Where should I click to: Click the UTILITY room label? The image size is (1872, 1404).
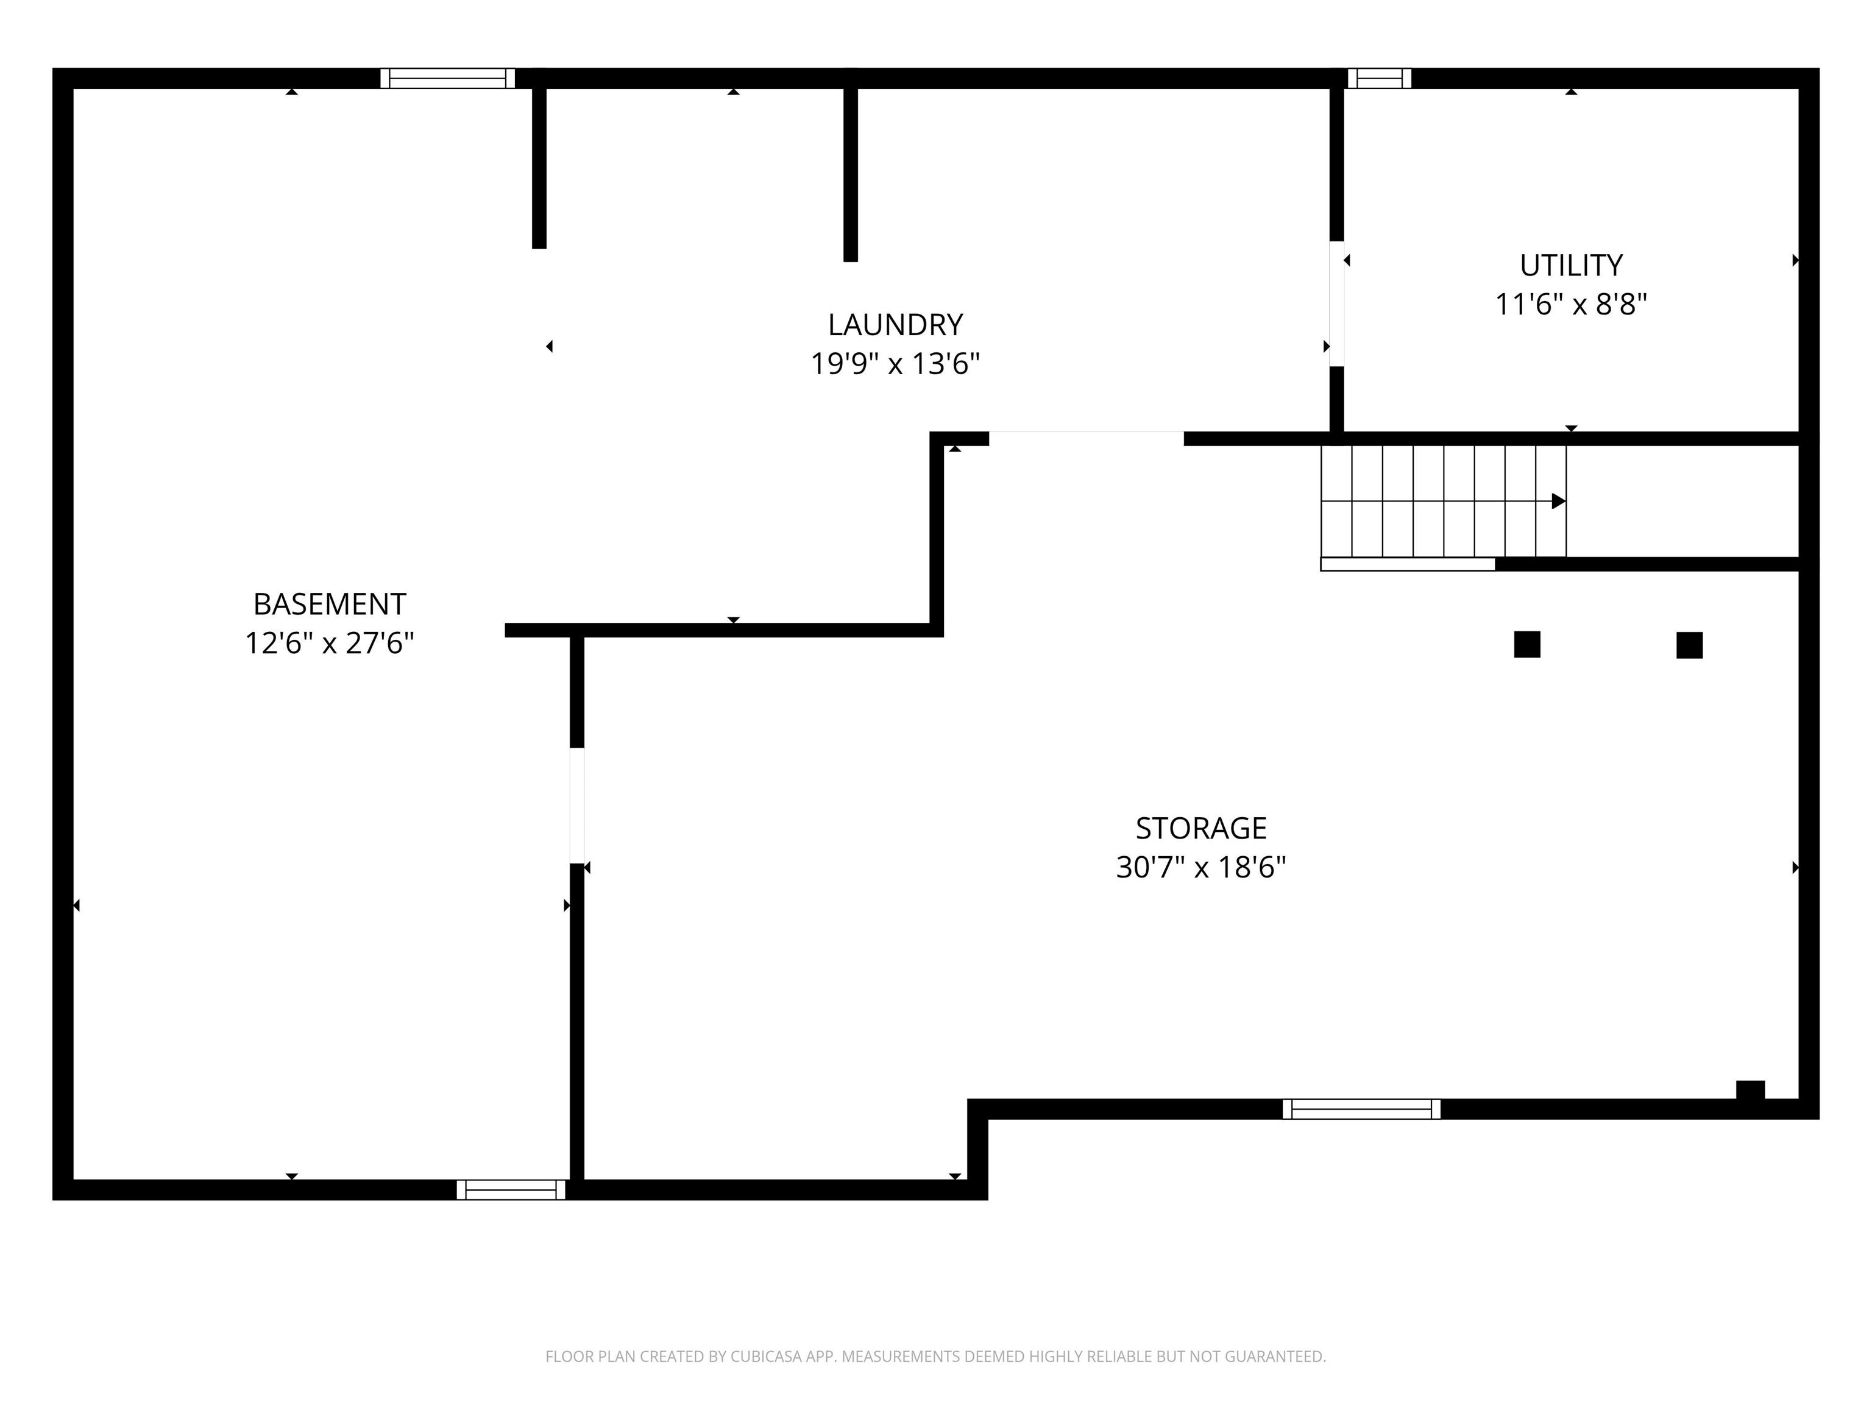click(1571, 266)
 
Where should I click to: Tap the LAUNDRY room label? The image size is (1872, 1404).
click(895, 325)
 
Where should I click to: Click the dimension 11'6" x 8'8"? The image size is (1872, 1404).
click(1571, 305)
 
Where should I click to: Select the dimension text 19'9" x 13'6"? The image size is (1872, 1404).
click(895, 364)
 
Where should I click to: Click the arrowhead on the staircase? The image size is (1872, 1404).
click(1558, 501)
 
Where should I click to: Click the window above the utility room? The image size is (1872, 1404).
click(1380, 78)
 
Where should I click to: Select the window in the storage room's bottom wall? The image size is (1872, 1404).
click(1361, 1108)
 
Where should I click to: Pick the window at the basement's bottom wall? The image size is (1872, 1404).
click(511, 1189)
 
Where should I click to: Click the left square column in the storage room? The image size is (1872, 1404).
click(1526, 644)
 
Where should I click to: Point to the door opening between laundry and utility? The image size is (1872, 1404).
click(1336, 304)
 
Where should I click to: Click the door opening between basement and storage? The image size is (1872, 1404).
click(576, 805)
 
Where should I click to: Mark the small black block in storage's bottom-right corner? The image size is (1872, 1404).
click(1750, 1090)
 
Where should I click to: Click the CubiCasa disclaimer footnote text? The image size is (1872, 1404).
click(935, 1356)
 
